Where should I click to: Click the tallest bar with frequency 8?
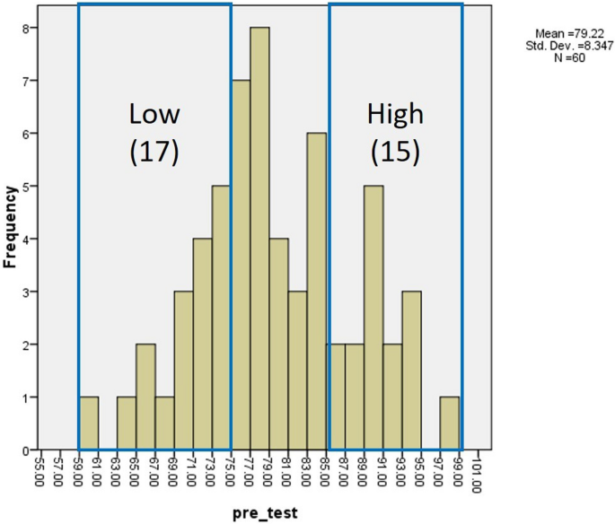[x=259, y=239]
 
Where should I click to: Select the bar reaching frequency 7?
[x=241, y=265]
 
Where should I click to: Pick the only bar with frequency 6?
[x=317, y=291]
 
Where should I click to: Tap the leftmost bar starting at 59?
[x=89, y=424]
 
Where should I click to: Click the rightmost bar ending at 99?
[x=450, y=424]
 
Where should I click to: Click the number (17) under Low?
[x=154, y=152]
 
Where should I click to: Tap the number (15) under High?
[x=395, y=152]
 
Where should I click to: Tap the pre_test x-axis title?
[x=261, y=512]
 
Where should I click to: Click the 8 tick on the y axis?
[x=28, y=28]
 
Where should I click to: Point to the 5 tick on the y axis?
[x=28, y=186]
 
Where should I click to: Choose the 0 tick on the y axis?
[x=28, y=450]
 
